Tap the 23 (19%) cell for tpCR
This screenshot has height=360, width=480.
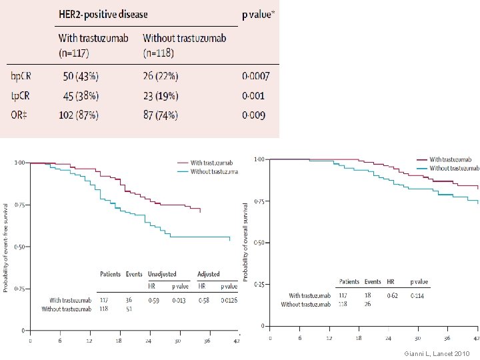coord(160,95)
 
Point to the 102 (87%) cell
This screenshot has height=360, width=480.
coord(79,115)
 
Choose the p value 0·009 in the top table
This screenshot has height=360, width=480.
coord(253,115)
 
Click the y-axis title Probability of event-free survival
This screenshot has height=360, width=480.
coord(6,245)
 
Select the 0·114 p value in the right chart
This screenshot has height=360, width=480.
coord(417,295)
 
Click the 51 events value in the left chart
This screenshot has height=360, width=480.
coord(129,309)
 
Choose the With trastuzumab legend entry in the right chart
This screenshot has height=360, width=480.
coord(451,160)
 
